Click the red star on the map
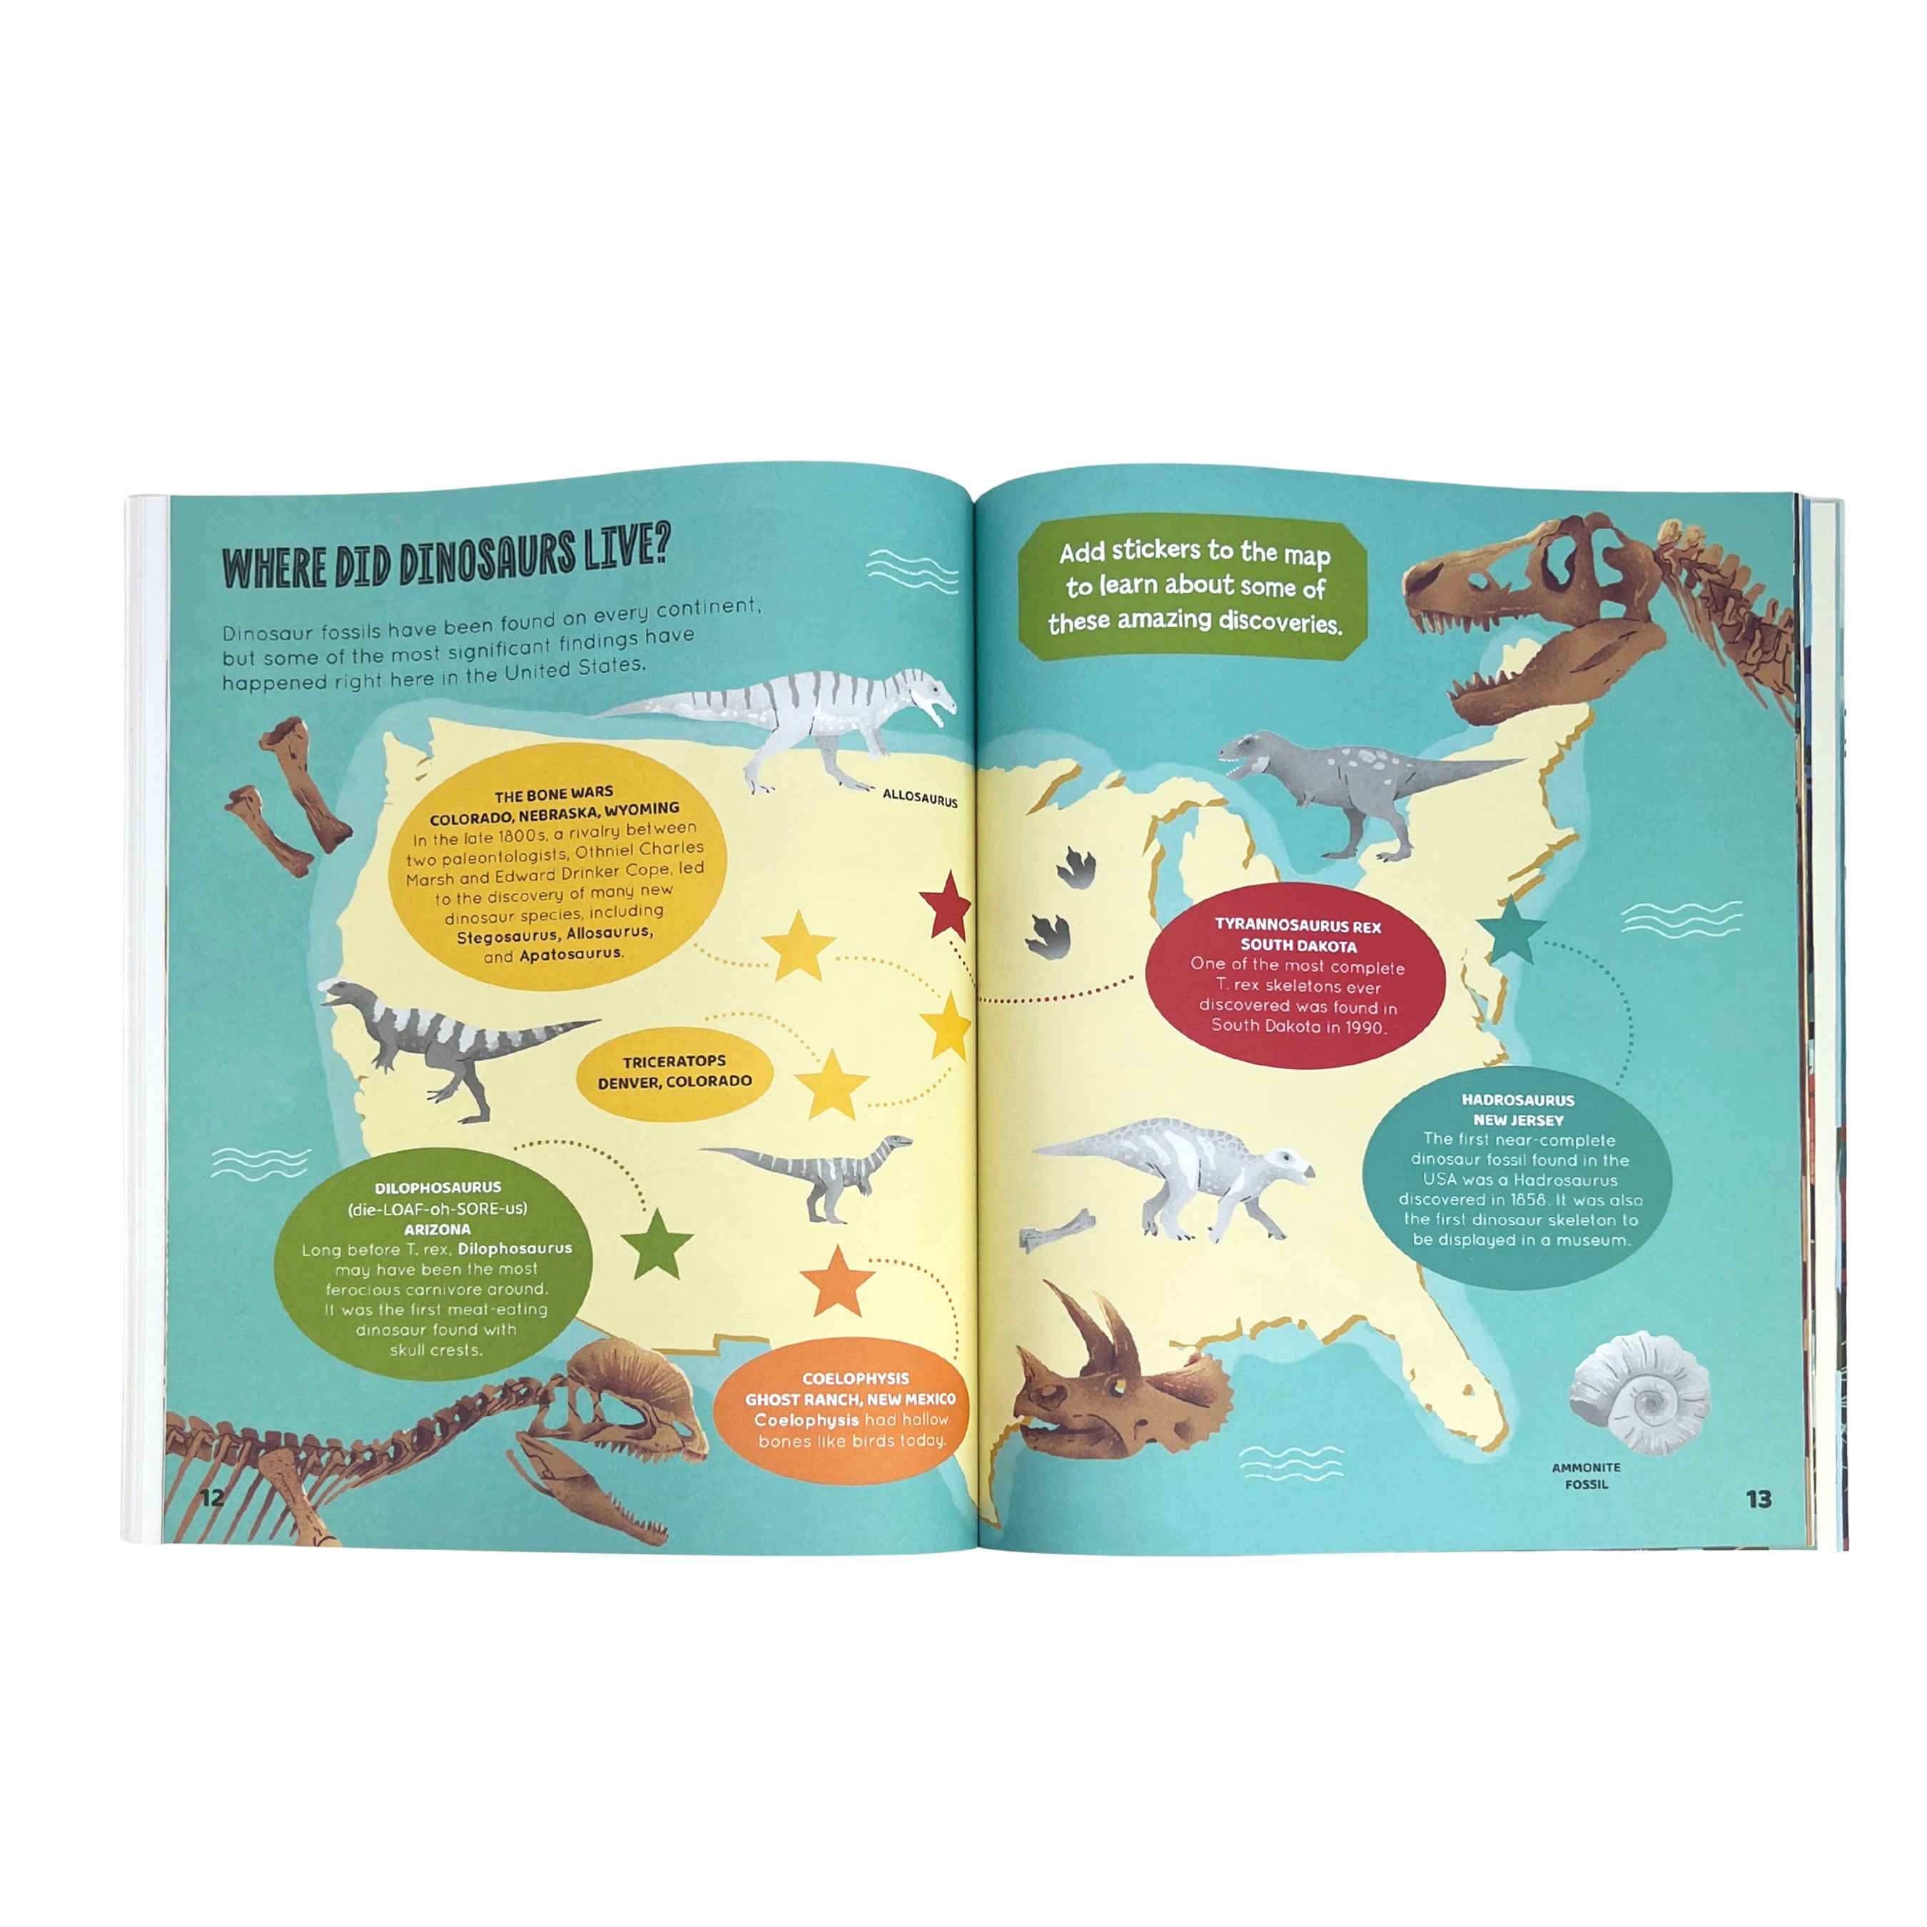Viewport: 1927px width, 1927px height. (x=944, y=906)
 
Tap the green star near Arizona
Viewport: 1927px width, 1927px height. (x=657, y=1244)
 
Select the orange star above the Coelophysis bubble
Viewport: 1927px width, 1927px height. (x=837, y=1283)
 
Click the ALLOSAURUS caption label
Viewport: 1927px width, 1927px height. (x=920, y=798)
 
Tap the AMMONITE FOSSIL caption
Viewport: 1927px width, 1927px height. (x=1586, y=1475)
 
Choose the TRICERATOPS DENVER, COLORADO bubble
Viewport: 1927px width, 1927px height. (x=674, y=1071)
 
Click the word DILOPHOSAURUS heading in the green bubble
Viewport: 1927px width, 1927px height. (x=438, y=1187)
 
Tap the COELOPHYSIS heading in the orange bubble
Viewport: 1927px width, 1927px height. (x=855, y=1378)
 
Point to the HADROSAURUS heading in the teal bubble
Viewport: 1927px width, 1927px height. (x=1517, y=1100)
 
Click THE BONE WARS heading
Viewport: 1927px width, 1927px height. (x=554, y=795)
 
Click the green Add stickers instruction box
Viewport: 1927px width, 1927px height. (x=1193, y=589)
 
